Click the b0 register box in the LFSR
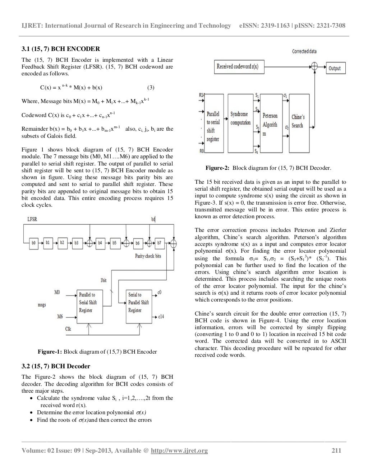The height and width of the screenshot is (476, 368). point(33,243)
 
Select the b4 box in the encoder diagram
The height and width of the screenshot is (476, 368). point(100,243)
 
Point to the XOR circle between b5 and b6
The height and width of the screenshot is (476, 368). point(126,243)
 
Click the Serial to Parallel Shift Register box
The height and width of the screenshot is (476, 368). point(139,303)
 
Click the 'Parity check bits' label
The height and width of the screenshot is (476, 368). point(148,256)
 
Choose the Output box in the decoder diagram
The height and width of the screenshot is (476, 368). point(334,68)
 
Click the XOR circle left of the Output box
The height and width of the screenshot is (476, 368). point(315,66)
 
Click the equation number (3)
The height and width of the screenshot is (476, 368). point(151,88)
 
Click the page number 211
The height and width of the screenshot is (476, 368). point(336,451)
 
